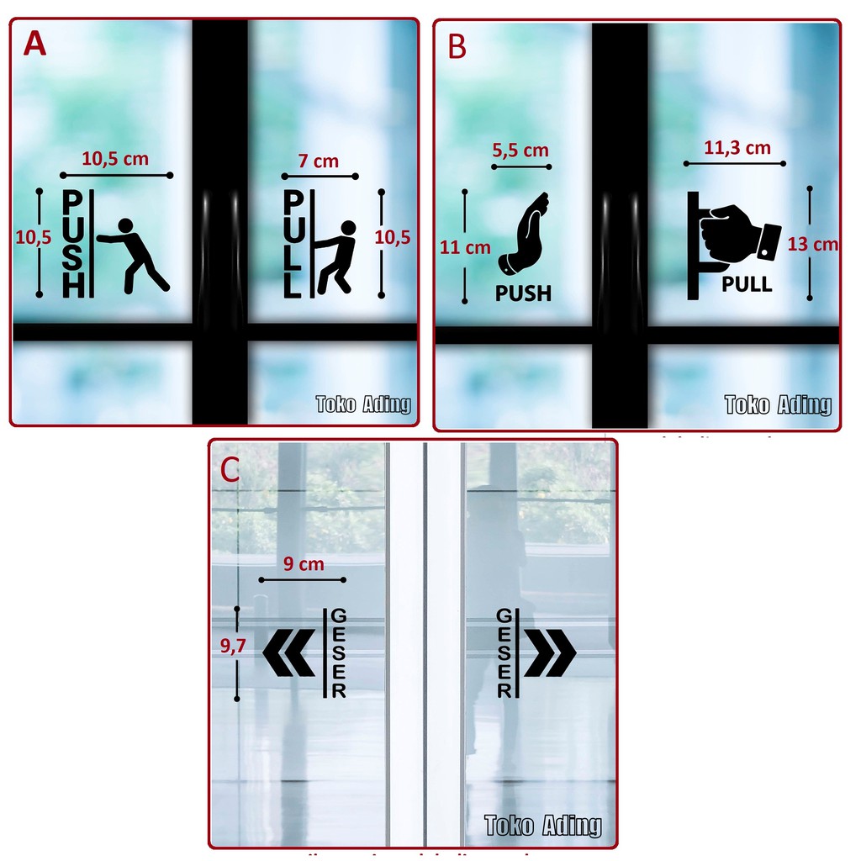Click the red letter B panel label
457,48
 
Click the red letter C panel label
230,470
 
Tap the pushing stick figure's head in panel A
125,225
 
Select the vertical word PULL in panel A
292,244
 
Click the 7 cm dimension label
318,161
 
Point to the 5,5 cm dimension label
519,151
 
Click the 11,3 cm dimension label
737,148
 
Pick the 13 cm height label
813,244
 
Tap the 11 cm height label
465,247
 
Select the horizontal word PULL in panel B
747,284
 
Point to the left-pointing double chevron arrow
288,652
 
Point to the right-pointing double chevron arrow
551,652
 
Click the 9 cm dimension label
303,564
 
